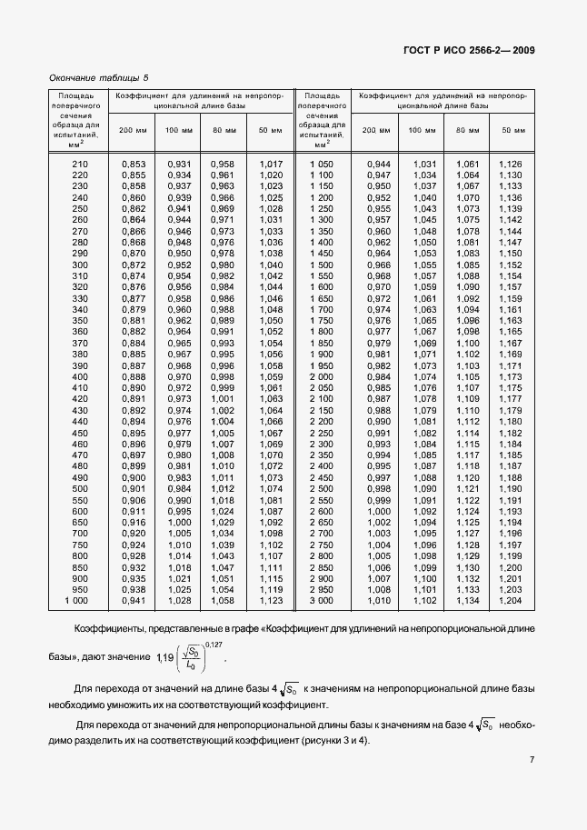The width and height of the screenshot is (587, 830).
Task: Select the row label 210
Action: [80, 164]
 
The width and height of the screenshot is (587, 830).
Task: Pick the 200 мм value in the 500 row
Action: [133, 489]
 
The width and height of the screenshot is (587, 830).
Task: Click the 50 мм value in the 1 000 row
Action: [272, 601]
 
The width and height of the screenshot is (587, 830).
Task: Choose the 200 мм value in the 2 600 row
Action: [377, 512]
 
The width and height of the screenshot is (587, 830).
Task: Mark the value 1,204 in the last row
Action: [510, 601]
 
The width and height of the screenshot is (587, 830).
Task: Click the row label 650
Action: [80, 523]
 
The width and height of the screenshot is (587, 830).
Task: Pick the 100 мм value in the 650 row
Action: [179, 523]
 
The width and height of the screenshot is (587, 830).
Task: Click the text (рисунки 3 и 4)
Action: [325, 741]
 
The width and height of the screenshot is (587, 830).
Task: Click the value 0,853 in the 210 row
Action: [133, 164]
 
